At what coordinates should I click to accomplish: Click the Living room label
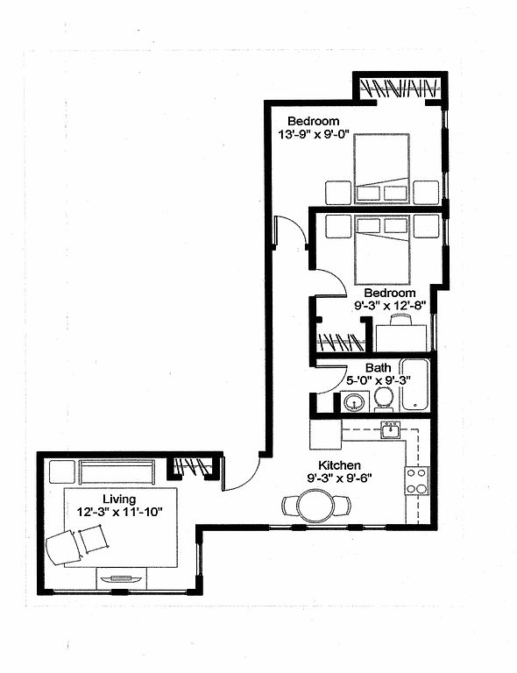(x=119, y=499)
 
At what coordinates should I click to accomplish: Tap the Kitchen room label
(x=339, y=465)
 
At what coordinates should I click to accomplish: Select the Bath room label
(x=378, y=368)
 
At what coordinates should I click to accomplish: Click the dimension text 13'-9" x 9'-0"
(x=314, y=134)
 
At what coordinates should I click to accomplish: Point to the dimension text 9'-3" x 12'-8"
(x=390, y=306)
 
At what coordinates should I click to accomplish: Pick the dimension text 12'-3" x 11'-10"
(x=120, y=512)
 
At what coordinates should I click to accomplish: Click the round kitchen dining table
(x=315, y=506)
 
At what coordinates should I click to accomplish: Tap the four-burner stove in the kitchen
(x=416, y=481)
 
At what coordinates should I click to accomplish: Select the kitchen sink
(x=390, y=429)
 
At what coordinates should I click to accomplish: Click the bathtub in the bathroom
(x=414, y=385)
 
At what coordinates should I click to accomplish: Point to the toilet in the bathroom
(x=383, y=399)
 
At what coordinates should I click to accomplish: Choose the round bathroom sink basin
(x=354, y=402)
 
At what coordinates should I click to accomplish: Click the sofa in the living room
(x=117, y=471)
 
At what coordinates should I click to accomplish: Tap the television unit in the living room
(x=121, y=579)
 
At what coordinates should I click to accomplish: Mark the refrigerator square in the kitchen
(x=325, y=435)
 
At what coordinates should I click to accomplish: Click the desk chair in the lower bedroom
(x=400, y=319)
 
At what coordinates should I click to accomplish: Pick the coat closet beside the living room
(x=191, y=468)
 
